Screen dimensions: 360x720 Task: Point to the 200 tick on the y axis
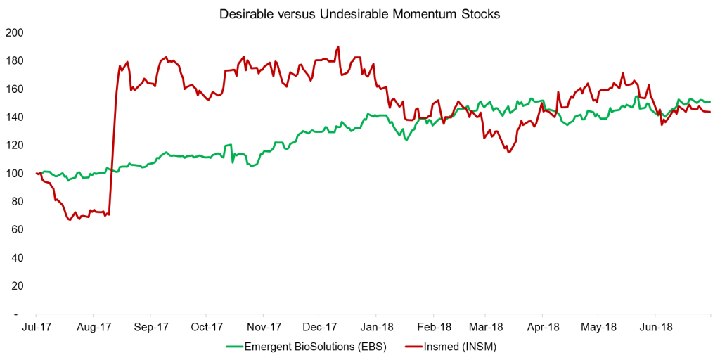[x=14, y=32]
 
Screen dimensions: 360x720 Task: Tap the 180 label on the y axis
[x=14, y=60]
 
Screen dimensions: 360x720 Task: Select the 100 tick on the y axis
[x=14, y=173]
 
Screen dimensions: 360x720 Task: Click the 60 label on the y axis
[x=17, y=229]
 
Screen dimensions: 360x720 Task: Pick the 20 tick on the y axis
[x=17, y=285]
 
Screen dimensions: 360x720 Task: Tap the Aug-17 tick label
[x=94, y=327]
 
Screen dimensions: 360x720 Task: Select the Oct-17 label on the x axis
[x=207, y=327]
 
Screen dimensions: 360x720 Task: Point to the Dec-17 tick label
[x=320, y=327]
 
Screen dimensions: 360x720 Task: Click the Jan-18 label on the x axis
[x=378, y=327]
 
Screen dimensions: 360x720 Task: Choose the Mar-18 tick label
[x=487, y=327]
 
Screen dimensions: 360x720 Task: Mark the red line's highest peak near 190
[x=338, y=47]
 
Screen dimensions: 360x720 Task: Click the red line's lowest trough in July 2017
[x=70, y=219]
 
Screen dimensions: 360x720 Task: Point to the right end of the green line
[x=709, y=102]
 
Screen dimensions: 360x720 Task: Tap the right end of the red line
[x=709, y=112]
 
